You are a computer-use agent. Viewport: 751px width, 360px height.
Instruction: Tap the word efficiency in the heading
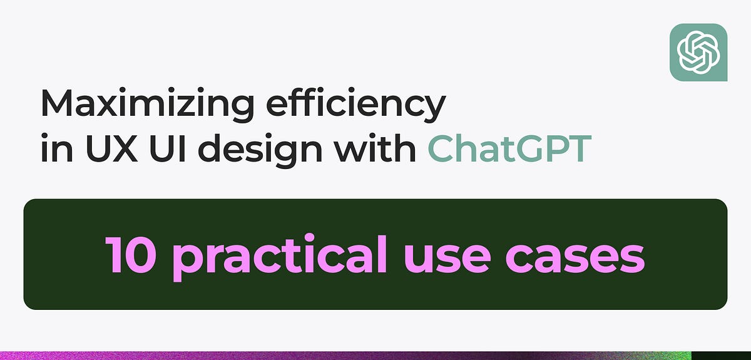[355, 104]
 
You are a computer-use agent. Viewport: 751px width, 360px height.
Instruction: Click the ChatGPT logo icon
[698, 53]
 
